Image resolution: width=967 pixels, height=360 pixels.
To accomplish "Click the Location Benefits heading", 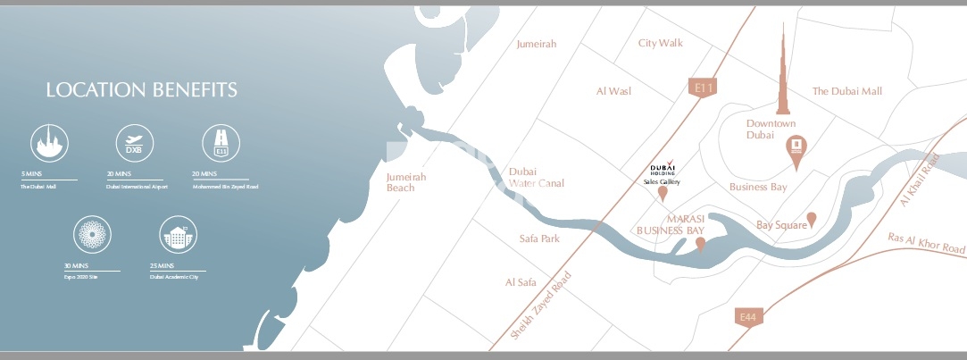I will click(141, 90).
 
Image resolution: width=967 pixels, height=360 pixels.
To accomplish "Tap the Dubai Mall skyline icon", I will click(50, 144).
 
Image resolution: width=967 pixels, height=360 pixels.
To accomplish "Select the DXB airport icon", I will click(135, 144).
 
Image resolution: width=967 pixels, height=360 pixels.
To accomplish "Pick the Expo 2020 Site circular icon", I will click(91, 237).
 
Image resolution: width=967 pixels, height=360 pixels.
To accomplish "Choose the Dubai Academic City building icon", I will click(178, 237).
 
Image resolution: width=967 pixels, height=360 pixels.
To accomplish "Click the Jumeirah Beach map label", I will click(406, 182).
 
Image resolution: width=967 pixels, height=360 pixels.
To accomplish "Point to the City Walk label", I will click(660, 43).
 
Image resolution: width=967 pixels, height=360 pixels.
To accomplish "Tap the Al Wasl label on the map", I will click(613, 91).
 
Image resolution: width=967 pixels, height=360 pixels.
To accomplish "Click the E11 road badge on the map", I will click(704, 88).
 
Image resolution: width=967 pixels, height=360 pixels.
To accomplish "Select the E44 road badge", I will click(747, 316).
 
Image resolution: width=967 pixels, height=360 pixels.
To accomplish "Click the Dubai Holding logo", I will click(663, 168).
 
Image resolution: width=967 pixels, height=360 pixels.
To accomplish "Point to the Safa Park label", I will click(538, 239).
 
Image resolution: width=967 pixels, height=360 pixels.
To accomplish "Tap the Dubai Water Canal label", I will click(536, 177).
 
